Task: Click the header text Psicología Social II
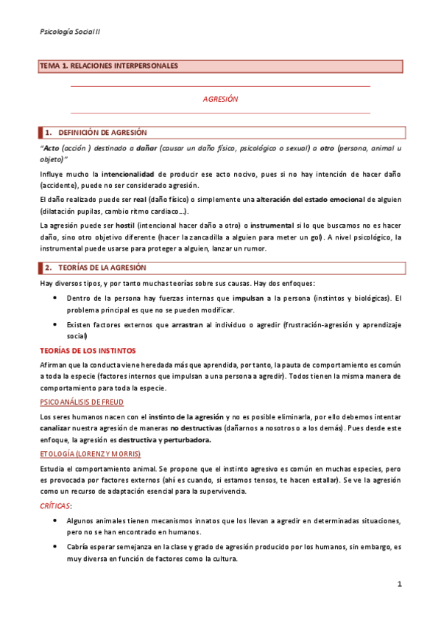coord(71,32)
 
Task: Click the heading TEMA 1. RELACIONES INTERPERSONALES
coord(109,66)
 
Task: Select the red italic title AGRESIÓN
coord(220,99)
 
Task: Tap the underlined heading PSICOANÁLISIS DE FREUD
coord(82,402)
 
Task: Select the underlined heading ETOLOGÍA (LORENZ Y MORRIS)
coord(89,453)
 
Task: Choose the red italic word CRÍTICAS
coord(56,506)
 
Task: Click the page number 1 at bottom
coord(399,585)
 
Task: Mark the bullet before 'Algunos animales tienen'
coord(57,520)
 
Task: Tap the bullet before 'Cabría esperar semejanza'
coord(57,547)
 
